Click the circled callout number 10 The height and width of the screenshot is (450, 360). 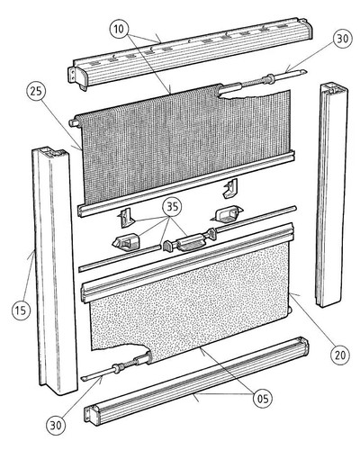pos(120,29)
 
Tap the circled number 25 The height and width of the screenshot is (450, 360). pos(37,91)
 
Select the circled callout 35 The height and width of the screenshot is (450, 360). pos(172,207)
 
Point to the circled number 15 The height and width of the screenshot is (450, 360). pos(21,310)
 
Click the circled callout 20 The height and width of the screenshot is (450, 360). pos(340,355)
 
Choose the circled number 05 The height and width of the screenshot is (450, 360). pos(263,399)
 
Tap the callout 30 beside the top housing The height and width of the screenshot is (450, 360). pos(342,39)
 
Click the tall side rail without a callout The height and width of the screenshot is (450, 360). pos(331,195)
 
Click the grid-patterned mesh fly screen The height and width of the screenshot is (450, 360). pos(186,144)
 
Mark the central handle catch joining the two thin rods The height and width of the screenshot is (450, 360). pos(191,240)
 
